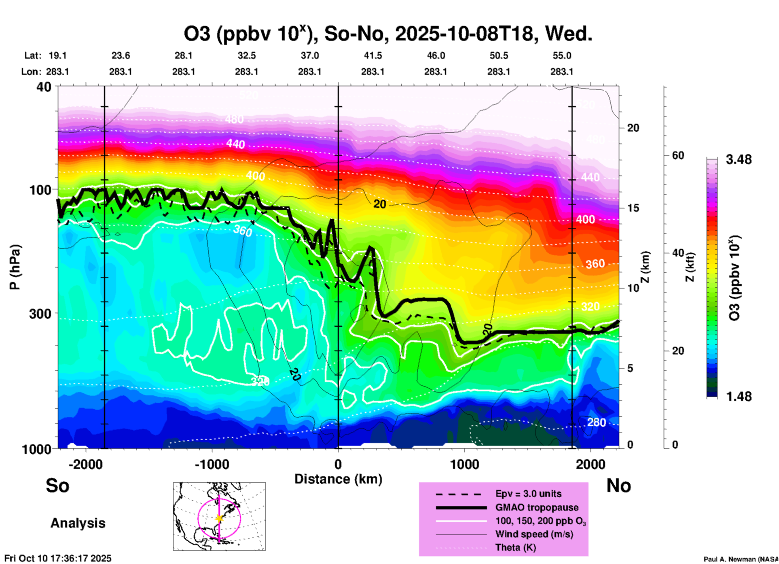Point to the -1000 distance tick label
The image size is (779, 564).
click(212, 464)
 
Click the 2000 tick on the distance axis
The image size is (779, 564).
click(591, 464)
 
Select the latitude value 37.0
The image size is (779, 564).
click(309, 55)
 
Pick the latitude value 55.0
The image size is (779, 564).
click(562, 55)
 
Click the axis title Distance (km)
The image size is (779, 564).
click(338, 479)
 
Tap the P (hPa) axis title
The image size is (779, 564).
click(15, 267)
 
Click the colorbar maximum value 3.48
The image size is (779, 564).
click(739, 160)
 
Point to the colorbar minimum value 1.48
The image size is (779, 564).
click(739, 396)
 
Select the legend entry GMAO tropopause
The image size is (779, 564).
click(537, 507)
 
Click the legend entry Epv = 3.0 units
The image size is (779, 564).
click(528, 494)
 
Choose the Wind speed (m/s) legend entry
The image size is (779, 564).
click(534, 534)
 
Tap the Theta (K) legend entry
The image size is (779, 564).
click(515, 548)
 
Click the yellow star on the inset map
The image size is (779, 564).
click(219, 518)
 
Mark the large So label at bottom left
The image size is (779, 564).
click(57, 486)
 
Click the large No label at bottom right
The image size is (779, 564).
click(618, 486)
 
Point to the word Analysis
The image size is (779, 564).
click(78, 523)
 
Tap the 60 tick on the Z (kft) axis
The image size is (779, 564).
click(678, 155)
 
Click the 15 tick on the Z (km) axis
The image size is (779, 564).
click(633, 208)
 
